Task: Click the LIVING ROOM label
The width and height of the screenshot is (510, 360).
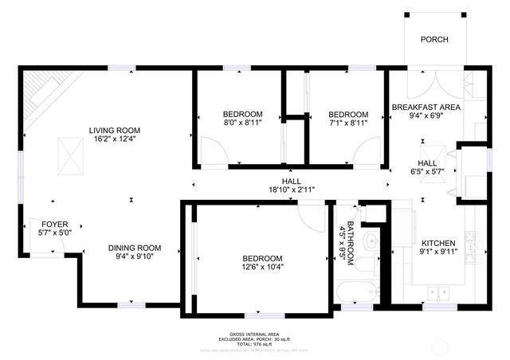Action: [115, 130]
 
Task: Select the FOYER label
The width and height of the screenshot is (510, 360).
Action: [54, 225]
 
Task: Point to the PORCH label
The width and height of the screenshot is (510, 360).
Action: [434, 40]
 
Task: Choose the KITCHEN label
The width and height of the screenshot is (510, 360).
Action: [438, 243]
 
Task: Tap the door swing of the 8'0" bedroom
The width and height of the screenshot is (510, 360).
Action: [212, 151]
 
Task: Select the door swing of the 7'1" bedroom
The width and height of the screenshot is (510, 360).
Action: [368, 151]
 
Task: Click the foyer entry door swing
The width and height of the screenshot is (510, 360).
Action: [41, 242]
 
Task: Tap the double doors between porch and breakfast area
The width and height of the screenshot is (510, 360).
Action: [434, 83]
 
